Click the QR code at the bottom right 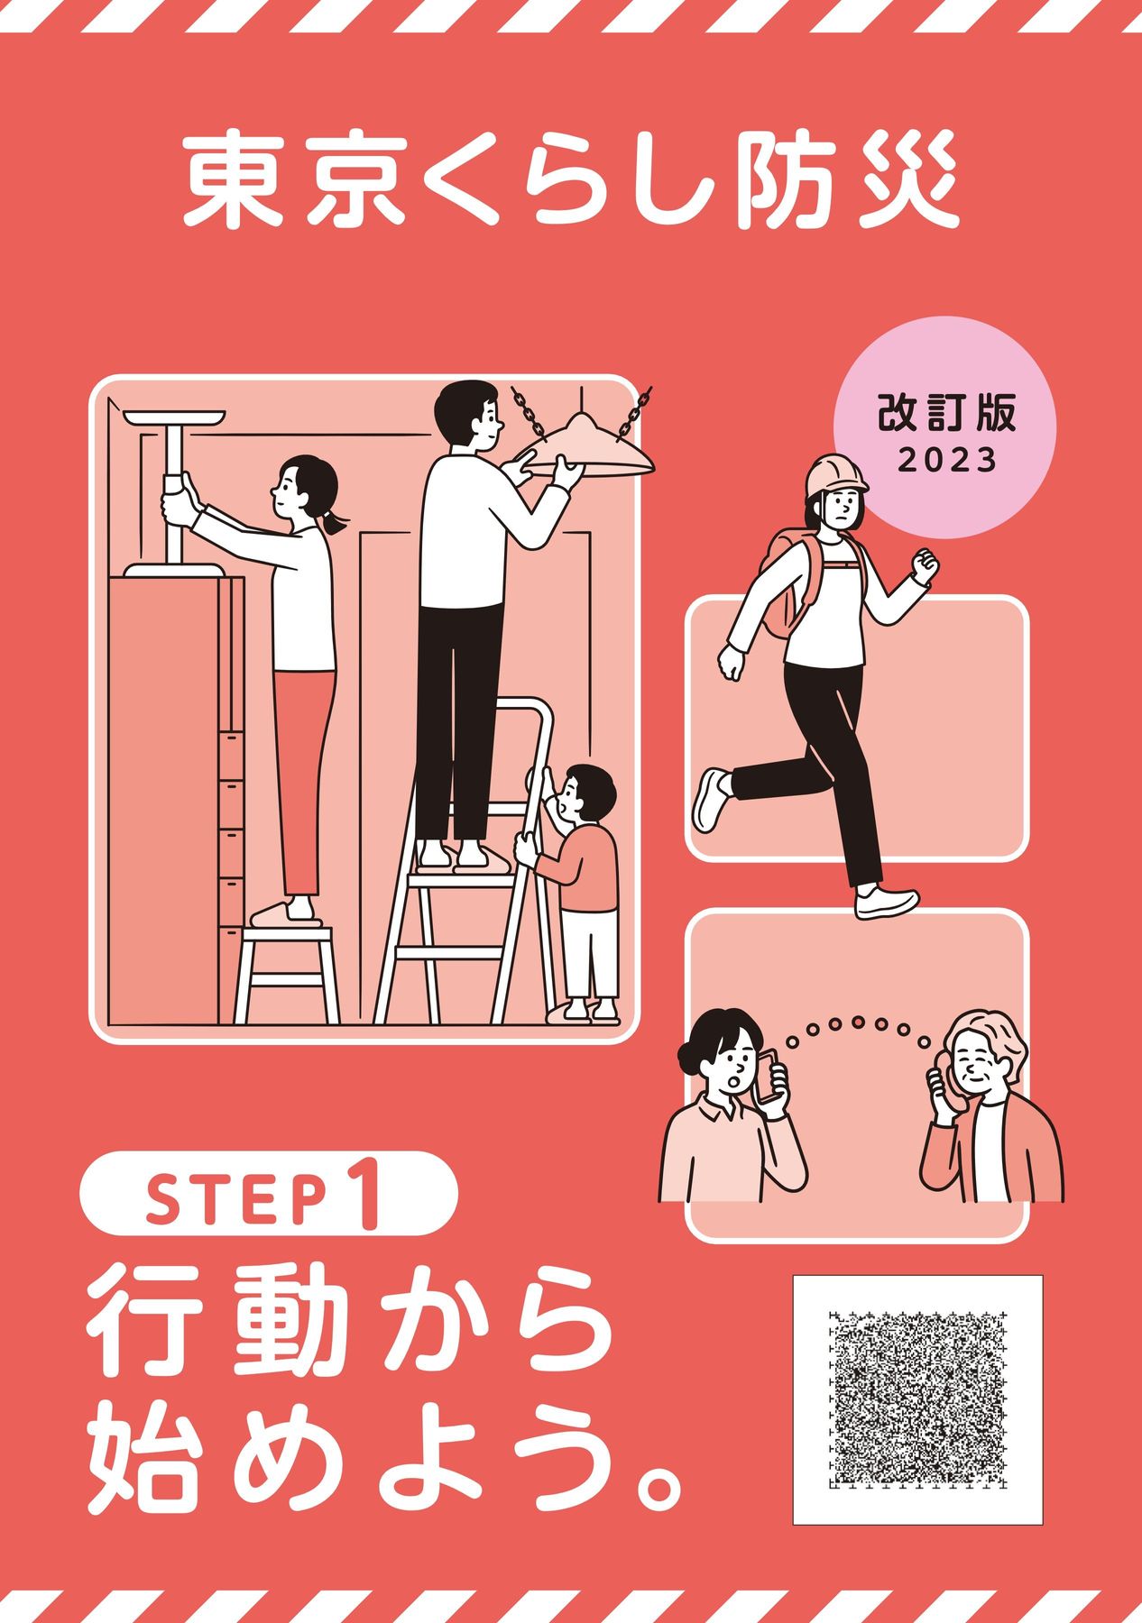coord(917,1399)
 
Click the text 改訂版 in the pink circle coord(947,414)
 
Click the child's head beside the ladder coord(585,793)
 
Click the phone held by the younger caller coord(769,1077)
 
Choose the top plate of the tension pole coord(176,420)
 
